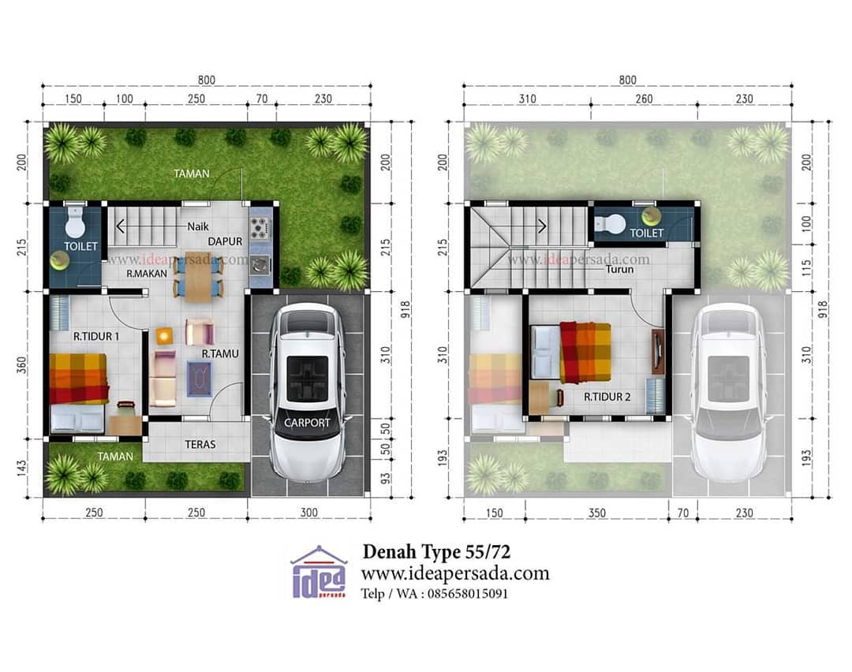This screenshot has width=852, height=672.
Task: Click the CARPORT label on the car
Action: pos(307,422)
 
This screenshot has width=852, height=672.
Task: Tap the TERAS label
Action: pos(200,444)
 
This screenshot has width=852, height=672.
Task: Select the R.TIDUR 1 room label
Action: pos(96,336)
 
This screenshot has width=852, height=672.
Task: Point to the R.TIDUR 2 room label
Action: pos(607,397)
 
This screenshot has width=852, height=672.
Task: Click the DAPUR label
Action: pos(225,241)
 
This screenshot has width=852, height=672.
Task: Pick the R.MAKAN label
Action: pos(147,273)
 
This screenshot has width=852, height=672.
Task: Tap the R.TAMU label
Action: pos(220,353)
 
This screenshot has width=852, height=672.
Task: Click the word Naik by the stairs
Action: pos(198,226)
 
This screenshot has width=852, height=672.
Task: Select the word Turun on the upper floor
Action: pos(619,269)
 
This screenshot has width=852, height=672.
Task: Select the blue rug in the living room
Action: pos(200,378)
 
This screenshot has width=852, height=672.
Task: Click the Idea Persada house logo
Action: pos(319,572)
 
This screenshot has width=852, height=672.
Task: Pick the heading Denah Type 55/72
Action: pos(436,552)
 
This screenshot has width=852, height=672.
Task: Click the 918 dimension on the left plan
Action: pos(405,310)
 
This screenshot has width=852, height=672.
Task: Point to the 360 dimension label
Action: pos(21,364)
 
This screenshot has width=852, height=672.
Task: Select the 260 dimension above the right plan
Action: pos(644,99)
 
